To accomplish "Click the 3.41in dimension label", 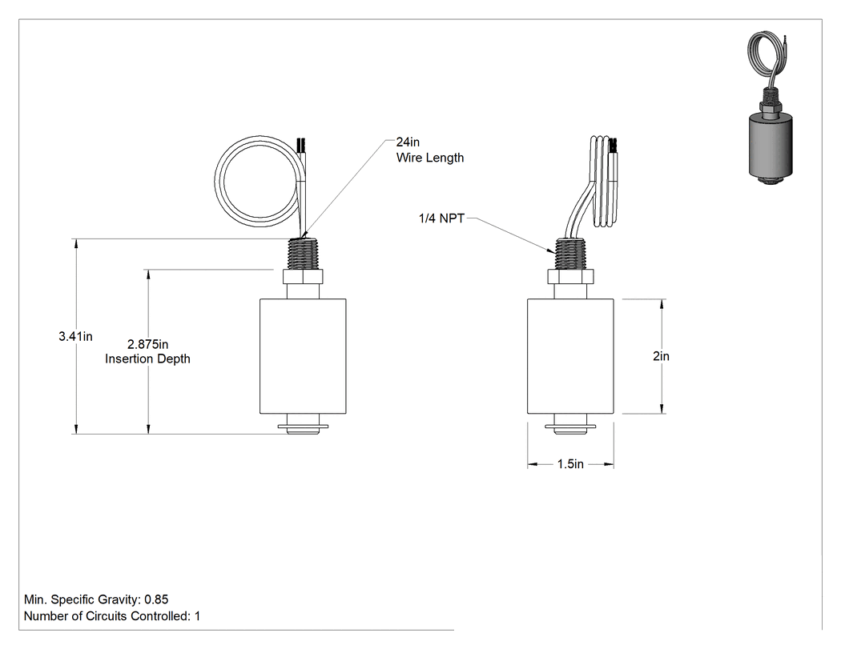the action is (x=75, y=337).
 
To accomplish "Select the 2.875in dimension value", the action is (x=147, y=344).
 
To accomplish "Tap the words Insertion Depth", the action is (x=147, y=359).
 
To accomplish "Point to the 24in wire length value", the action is (x=408, y=142).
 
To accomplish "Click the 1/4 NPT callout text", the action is (x=441, y=218).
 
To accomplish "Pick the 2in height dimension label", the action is (x=661, y=356).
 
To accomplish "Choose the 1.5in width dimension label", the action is (x=570, y=464).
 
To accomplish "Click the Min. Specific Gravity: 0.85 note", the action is (x=96, y=599).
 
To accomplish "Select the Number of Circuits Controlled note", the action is (x=112, y=616).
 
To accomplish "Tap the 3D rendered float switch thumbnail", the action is (x=770, y=107).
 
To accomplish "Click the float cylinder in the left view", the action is (x=303, y=356).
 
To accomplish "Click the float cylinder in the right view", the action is (x=570, y=356).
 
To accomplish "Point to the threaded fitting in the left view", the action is (x=303, y=254).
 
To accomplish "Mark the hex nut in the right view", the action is (x=570, y=277).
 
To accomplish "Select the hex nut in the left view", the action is (x=303, y=277).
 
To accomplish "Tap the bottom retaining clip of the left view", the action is (x=303, y=428).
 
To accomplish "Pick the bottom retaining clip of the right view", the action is (x=570, y=428).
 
